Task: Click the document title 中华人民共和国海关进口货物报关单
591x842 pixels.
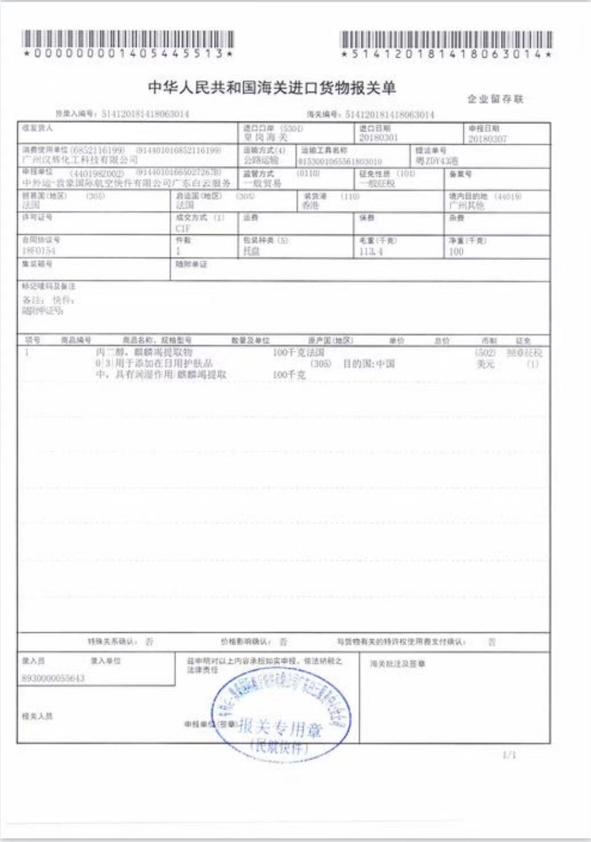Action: tap(272, 88)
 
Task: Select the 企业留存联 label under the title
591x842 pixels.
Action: tap(495, 99)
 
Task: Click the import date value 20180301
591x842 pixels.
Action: tap(378, 138)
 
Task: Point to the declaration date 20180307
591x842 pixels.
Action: tap(487, 139)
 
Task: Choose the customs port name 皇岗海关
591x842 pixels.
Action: tap(265, 138)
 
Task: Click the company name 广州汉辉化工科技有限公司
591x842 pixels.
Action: tap(79, 160)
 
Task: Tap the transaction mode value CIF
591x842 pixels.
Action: tap(183, 228)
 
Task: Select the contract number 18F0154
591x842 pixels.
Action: tap(39, 251)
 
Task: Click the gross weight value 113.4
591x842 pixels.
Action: tap(371, 251)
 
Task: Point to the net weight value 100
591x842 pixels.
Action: tap(456, 251)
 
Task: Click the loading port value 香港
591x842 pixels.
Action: tap(310, 205)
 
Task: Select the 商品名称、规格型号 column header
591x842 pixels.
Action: tap(157, 340)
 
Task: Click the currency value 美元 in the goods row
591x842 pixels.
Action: tap(486, 364)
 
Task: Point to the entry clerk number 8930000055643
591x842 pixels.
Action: tap(52, 678)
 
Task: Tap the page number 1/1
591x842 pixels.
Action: tap(509, 755)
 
